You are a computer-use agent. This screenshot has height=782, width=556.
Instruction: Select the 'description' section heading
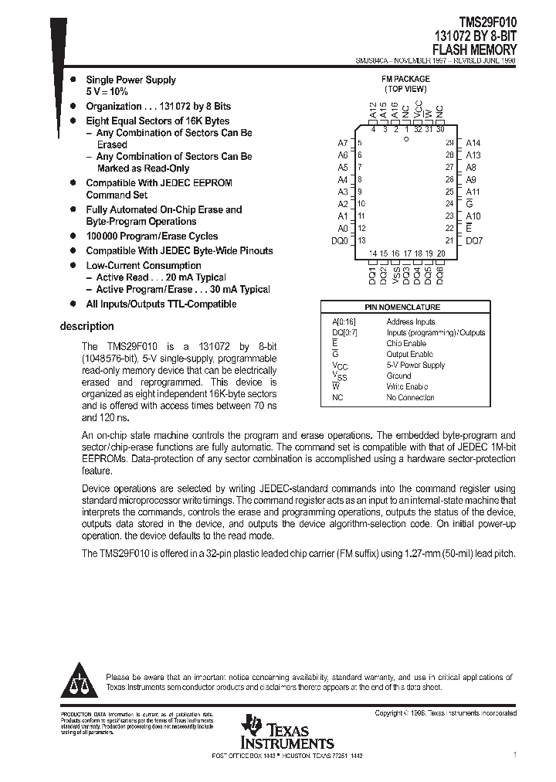(87, 326)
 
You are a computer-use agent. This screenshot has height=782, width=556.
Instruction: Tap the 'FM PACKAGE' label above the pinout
(405, 79)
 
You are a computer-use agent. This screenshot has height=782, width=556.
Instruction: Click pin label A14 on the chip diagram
(473, 143)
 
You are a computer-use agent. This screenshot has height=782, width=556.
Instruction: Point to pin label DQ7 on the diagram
(474, 241)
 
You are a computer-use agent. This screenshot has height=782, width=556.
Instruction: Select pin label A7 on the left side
(343, 143)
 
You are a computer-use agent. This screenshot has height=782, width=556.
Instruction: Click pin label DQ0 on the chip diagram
(340, 241)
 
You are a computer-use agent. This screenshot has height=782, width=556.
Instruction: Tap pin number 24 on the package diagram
(449, 204)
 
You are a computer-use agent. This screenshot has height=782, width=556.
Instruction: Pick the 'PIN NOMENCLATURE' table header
(402, 307)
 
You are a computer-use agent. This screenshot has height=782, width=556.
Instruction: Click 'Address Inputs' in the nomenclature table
(410, 321)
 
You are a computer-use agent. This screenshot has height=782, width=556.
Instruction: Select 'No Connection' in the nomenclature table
(410, 397)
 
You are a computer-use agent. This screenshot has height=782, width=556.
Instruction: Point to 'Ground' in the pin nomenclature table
(399, 376)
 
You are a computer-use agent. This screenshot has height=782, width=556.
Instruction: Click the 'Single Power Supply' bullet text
(131, 80)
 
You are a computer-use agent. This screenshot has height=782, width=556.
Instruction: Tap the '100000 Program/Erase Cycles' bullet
(151, 236)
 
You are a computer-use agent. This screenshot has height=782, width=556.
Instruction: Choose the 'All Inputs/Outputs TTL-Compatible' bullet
(161, 304)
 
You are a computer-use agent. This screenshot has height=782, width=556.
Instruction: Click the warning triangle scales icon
(80, 679)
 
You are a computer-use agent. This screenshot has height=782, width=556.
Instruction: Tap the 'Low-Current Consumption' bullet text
(143, 265)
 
